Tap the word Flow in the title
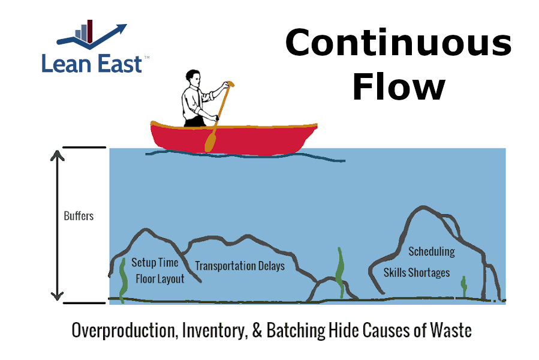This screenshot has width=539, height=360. tap(398, 87)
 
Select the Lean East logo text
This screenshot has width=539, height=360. tap(92, 63)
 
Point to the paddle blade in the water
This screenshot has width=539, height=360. tap(210, 141)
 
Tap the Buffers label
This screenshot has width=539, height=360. tap(79, 215)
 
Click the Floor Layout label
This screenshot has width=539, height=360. tap(160, 279)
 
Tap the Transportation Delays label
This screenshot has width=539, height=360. tap(240, 266)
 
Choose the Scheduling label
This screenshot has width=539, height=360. tap(431, 251)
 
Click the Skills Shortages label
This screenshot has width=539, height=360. tap(417, 273)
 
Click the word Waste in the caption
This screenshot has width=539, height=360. tap(449, 331)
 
